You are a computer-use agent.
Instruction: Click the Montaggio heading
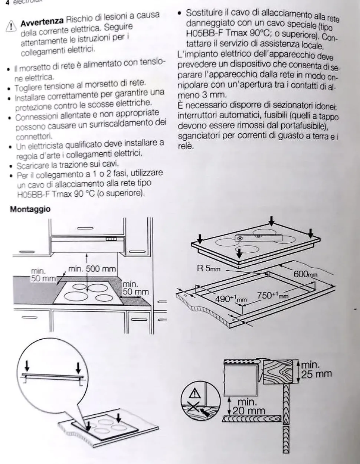point(30,209)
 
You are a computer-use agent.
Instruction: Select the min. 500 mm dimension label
point(92,269)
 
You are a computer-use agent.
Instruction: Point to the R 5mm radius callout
point(209,268)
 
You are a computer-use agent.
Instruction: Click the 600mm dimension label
point(305,274)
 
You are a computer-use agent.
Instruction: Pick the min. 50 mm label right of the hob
point(135,288)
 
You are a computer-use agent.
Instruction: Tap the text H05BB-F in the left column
point(33,193)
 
